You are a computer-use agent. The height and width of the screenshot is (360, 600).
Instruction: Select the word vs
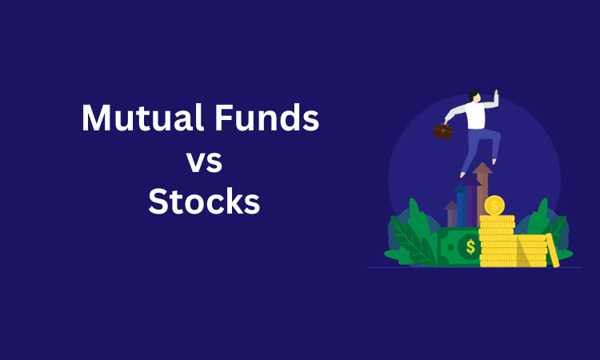coord(204,162)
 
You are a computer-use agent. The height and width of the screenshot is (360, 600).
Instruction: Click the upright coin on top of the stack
coord(494,206)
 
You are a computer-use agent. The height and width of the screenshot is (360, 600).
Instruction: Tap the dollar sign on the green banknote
coord(470,247)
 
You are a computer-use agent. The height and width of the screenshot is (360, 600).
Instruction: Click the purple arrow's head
coord(472,181)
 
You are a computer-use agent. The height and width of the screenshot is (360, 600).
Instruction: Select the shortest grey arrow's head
coord(451,206)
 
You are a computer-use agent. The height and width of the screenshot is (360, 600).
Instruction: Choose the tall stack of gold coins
coord(497,240)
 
